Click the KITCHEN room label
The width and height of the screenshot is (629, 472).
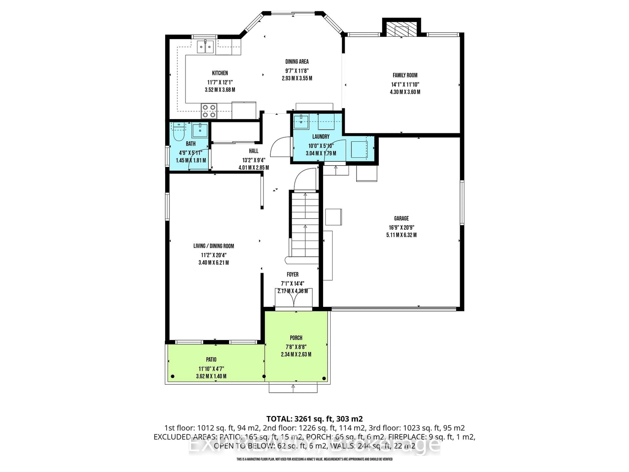click(x=220, y=73)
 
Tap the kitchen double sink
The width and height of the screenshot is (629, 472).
click(x=205, y=47)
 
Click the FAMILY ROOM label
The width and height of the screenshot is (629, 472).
click(x=405, y=75)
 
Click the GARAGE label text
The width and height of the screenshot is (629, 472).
click(x=401, y=218)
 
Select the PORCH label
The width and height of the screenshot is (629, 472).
click(x=296, y=338)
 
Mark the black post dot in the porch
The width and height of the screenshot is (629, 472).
click(x=324, y=378)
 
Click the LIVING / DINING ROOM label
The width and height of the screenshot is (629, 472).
click(x=214, y=246)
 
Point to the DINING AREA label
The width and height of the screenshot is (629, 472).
click(x=297, y=61)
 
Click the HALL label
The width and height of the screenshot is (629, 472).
click(x=254, y=151)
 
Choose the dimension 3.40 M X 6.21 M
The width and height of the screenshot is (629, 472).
click(x=214, y=263)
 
